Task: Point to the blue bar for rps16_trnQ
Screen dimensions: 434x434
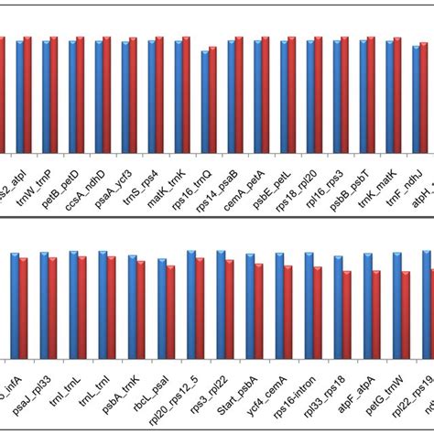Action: [x=205, y=101]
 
